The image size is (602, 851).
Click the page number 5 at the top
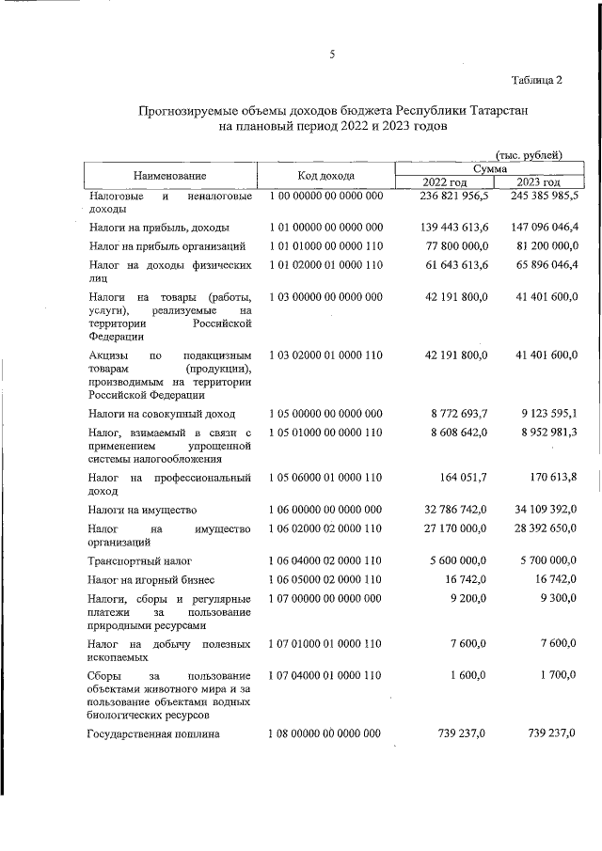[332, 54]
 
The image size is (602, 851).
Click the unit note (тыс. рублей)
[529, 154]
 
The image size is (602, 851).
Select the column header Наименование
[169, 175]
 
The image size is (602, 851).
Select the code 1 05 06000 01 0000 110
[325, 478]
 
